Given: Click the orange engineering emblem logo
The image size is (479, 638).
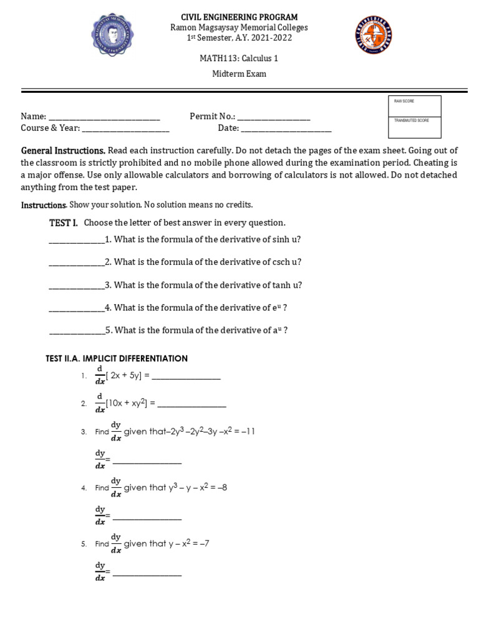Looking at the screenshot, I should [374, 35].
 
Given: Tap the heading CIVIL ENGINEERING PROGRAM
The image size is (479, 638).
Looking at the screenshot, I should [239, 17].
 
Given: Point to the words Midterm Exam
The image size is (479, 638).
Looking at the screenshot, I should [239, 74].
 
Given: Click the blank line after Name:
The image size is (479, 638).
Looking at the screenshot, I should [104, 117].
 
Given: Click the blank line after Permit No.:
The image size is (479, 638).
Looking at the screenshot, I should [274, 117].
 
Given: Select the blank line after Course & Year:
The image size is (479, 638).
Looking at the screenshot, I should [125, 129].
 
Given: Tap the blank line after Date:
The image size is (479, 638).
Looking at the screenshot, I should [286, 129].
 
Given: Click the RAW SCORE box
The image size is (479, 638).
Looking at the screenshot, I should [414, 107].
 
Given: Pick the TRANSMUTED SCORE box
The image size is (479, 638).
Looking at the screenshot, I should [414, 128].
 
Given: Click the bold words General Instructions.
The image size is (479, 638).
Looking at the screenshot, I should [63, 151].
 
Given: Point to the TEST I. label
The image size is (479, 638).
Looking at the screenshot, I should [64, 223].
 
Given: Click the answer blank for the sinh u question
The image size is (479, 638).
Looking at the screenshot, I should [77, 240].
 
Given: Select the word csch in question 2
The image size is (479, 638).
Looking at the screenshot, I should [282, 262].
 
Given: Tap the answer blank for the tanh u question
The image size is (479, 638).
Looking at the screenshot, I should [77, 286].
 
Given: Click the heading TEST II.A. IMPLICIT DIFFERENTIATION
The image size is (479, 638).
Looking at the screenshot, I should [117, 359].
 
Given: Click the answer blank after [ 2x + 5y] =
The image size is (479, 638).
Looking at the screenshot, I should [186, 377].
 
